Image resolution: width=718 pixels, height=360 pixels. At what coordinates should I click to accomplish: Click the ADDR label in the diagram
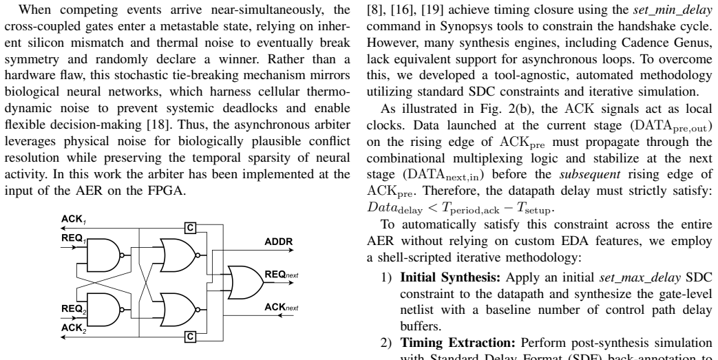click(278, 242)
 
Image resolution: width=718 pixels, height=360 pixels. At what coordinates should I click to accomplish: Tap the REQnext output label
click(282, 275)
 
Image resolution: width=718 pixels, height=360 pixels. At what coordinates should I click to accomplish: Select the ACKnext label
click(282, 307)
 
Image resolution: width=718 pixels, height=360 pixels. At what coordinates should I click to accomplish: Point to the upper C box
click(191, 228)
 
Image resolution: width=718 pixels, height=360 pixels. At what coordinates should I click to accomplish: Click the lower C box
click(191, 337)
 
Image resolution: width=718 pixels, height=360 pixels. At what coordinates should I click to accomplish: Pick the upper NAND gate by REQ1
click(105, 255)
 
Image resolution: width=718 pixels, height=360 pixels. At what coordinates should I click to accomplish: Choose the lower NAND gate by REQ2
click(105, 310)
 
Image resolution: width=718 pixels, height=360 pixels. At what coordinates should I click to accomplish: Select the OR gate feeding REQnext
click(246, 283)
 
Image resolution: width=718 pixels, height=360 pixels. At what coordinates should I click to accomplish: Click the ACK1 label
click(73, 220)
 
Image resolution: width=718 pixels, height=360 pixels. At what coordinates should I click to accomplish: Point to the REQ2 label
click(74, 310)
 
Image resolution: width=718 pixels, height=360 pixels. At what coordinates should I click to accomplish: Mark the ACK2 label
click(73, 328)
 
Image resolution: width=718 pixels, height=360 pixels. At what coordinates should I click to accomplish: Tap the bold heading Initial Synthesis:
click(451, 277)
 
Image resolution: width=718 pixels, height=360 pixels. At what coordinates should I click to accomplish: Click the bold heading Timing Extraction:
click(458, 343)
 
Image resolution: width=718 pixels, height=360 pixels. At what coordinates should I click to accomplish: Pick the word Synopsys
click(460, 27)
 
